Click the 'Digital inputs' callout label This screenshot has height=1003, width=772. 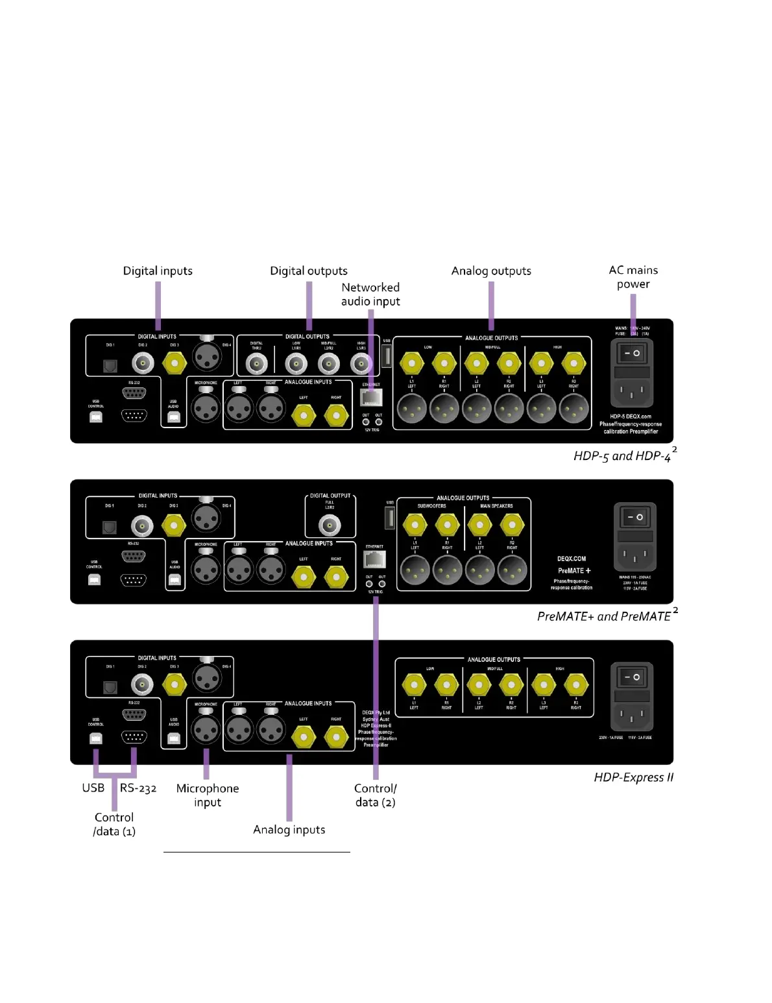click(158, 271)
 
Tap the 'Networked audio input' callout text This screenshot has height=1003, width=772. click(370, 294)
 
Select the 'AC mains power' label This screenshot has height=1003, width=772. click(633, 277)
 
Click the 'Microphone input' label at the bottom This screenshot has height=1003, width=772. click(208, 795)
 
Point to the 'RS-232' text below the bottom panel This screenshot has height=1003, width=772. click(138, 788)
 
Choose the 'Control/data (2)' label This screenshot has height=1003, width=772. click(375, 795)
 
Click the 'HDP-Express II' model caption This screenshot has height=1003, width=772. click(633, 777)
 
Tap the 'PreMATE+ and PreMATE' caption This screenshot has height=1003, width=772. click(604, 616)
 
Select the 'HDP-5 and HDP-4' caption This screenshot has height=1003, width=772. click(622, 456)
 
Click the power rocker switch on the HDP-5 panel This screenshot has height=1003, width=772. click(632, 354)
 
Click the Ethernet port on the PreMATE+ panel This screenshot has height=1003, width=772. click(374, 559)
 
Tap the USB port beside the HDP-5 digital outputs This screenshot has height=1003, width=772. click(387, 356)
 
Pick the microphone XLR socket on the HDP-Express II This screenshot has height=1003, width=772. click(206, 729)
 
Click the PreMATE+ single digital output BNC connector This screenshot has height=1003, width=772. click(330, 524)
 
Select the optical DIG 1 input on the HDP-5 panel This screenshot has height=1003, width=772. click(110, 366)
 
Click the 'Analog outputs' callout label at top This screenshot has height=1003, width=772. click(491, 271)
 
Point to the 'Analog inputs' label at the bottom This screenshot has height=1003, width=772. click(289, 829)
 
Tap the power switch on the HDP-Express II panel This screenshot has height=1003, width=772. click(632, 677)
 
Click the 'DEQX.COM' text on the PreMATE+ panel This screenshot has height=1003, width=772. click(572, 559)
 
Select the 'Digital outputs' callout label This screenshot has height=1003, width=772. click(309, 271)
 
